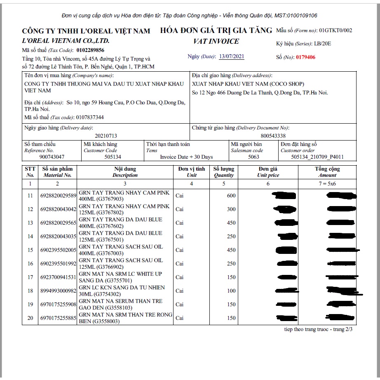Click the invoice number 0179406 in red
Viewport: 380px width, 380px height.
point(305,57)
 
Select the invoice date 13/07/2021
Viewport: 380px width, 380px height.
point(231,56)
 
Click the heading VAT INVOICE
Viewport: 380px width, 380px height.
point(216,41)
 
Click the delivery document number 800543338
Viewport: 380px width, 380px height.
point(273,135)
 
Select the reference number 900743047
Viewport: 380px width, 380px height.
point(52,157)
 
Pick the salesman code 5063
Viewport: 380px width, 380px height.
point(253,157)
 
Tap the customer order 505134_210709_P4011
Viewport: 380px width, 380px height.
point(317,157)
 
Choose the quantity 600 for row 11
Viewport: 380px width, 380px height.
point(231,196)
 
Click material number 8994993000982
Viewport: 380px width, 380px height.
point(58,291)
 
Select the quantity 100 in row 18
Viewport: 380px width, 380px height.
point(231,291)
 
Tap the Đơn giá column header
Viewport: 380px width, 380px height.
point(268,169)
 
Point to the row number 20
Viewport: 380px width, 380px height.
point(30,318)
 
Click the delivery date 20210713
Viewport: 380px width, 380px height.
point(106,135)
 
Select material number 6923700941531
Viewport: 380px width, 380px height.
point(58,277)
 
